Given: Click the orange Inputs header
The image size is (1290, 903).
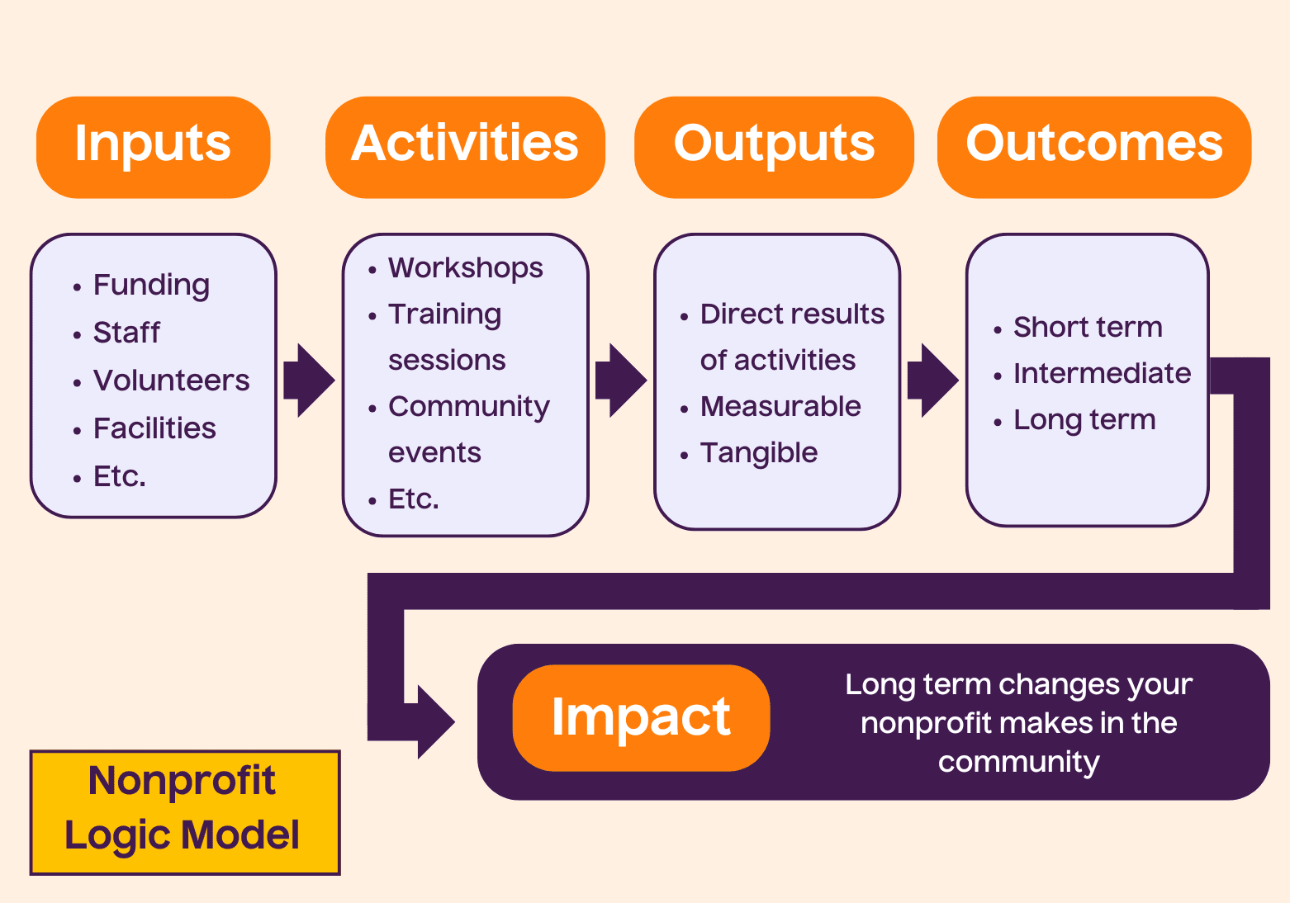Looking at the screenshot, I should point(153,147).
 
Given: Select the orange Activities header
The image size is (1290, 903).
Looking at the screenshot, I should point(465,147).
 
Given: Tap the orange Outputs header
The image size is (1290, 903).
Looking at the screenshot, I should point(774,147).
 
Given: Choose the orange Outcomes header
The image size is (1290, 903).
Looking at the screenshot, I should point(1093,147).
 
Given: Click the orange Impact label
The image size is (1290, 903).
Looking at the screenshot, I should point(641,717).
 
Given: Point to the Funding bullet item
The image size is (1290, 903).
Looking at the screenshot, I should point(151,285).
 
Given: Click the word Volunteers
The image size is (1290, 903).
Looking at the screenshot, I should point(171,381).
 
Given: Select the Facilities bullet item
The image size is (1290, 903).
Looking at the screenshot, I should point(154,428).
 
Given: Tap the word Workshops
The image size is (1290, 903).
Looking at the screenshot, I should point(466,268).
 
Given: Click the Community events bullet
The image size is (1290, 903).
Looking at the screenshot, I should point(468,429).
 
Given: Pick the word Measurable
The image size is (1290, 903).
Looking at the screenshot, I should point(780,406).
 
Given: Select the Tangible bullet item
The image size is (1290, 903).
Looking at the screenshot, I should point(759,452).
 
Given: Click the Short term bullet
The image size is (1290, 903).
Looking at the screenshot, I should point(1087,328).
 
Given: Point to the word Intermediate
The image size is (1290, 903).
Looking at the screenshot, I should point(1102,373).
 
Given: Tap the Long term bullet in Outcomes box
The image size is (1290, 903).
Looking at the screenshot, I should point(1084,419).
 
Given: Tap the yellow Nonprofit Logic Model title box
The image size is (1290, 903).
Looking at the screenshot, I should point(185,812).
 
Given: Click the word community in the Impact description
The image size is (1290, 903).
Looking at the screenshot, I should point(1018,761).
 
